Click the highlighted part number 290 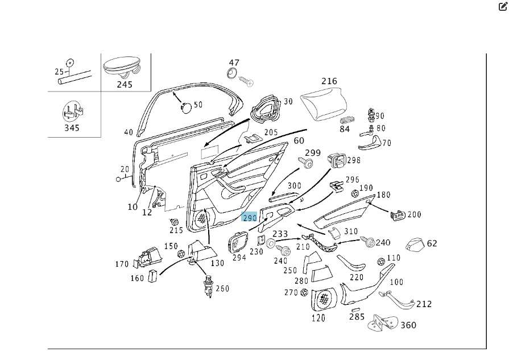click(x=250, y=218)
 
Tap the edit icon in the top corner click(x=502, y=7)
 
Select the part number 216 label click(x=329, y=81)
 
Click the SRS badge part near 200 click(x=396, y=214)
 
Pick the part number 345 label click(x=72, y=128)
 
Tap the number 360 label click(x=408, y=325)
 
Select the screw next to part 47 click(x=246, y=81)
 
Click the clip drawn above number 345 click(x=72, y=110)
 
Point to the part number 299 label click(x=313, y=153)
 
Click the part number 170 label click(x=122, y=264)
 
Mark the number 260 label click(x=222, y=288)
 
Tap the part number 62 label click(x=432, y=243)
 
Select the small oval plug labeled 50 click(x=185, y=106)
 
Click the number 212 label click(x=424, y=304)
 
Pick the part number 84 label click(x=345, y=129)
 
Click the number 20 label click(x=125, y=169)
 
